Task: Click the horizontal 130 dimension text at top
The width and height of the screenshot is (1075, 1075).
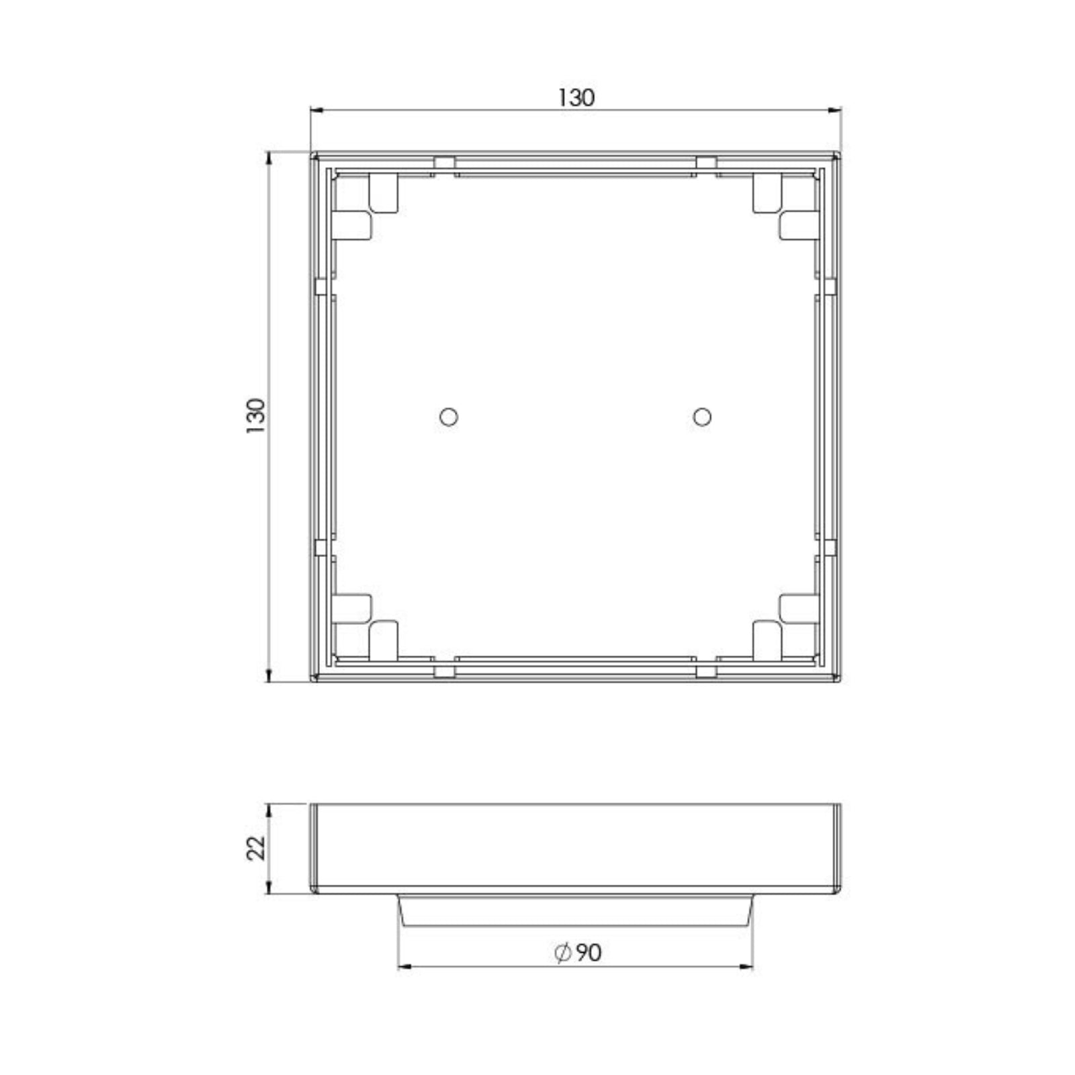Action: pyautogui.click(x=576, y=98)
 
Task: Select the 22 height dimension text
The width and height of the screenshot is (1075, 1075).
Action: pyautogui.click(x=257, y=848)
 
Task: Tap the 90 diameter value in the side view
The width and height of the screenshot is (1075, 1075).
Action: pyautogui.click(x=588, y=952)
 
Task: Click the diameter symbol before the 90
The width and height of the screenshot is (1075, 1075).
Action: pyautogui.click(x=562, y=952)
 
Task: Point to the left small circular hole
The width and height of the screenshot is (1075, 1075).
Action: pyautogui.click(x=449, y=417)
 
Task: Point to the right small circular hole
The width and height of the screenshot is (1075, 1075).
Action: pyautogui.click(x=702, y=417)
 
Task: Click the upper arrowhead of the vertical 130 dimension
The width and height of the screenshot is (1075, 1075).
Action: pyautogui.click(x=269, y=159)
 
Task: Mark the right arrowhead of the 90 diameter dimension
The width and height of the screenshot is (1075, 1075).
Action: pyautogui.click(x=746, y=967)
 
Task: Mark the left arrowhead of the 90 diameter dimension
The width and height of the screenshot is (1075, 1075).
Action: pyautogui.click(x=406, y=967)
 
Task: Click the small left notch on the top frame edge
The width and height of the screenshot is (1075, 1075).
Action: pyautogui.click(x=444, y=163)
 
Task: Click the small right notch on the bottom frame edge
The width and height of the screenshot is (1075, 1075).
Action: pyautogui.click(x=706, y=671)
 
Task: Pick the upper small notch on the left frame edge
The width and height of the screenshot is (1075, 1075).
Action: pyautogui.click(x=321, y=287)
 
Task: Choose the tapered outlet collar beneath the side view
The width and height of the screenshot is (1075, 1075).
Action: pyautogui.click(x=575, y=910)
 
